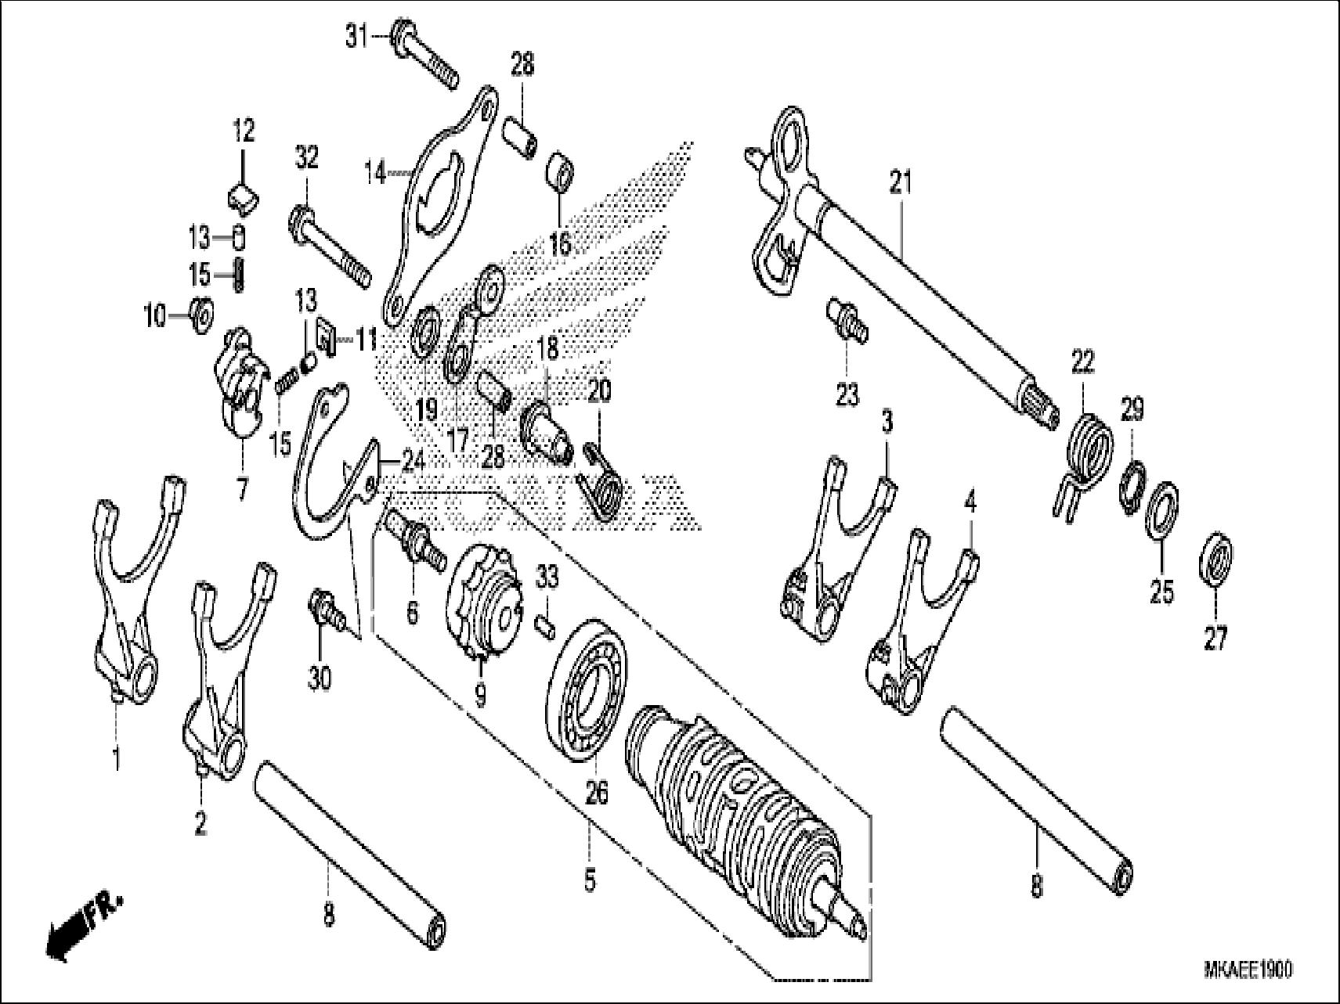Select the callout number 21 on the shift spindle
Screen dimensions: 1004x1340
click(x=901, y=185)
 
